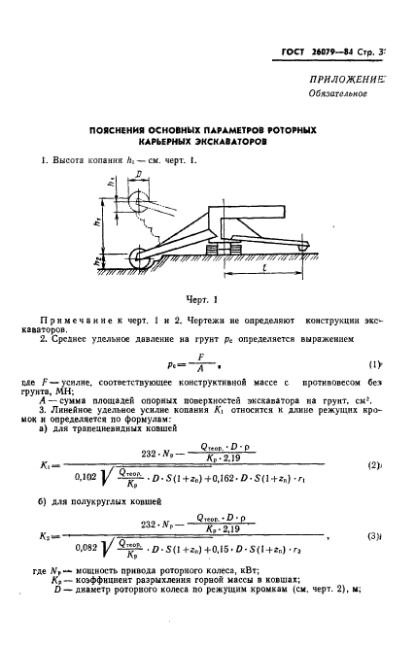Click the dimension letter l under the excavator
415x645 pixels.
(x=267, y=269)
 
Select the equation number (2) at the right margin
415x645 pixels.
(x=372, y=438)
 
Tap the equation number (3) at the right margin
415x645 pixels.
(x=372, y=537)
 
